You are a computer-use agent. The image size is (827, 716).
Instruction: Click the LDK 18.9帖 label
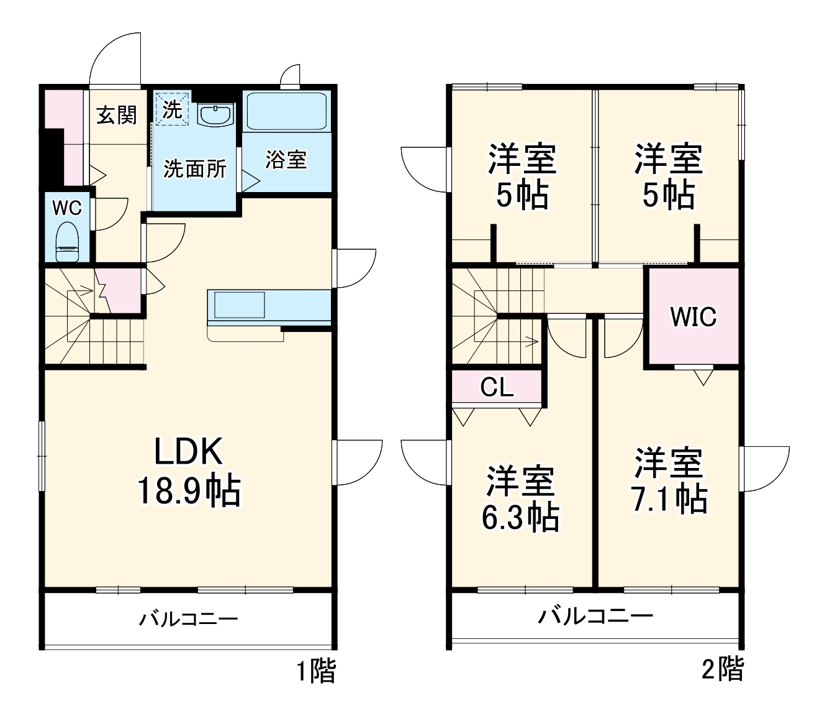tap(188, 471)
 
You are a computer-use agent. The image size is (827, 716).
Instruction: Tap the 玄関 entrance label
tap(117, 114)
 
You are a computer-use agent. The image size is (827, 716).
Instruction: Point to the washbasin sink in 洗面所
tap(215, 114)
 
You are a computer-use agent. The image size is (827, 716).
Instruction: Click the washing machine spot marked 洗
tap(171, 109)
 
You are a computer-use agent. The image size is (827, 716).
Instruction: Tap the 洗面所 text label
tap(194, 168)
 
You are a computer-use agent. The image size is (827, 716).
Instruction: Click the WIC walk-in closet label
tap(693, 317)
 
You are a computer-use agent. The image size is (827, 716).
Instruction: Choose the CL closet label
tap(497, 388)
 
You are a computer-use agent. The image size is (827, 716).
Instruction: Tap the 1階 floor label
tap(315, 672)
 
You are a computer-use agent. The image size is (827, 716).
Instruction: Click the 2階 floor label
tap(723, 669)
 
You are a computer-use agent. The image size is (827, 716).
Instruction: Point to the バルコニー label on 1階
tap(188, 619)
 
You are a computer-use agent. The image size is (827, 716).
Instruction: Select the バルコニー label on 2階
tap(595, 616)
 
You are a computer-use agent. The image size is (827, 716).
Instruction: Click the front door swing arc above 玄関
tap(115, 59)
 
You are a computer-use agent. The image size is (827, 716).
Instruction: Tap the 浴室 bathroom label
tap(286, 160)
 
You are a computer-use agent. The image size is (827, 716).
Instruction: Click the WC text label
tap(66, 208)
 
